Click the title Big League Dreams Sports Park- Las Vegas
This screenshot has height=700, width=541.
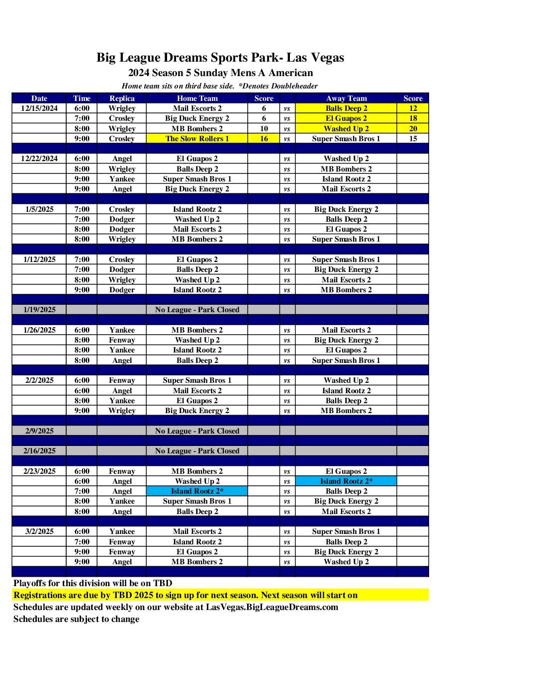pos(220,58)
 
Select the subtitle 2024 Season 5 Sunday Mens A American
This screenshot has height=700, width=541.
pos(220,73)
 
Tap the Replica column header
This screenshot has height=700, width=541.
pos(122,98)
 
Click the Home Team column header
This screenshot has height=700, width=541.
pos(197,98)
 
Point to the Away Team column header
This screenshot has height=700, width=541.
pos(346,98)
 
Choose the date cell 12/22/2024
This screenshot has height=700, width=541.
pos(39,159)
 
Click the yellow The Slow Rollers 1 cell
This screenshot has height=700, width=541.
pos(197,139)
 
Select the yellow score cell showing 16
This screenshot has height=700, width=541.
pos(264,139)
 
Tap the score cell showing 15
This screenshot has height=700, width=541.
pos(413,139)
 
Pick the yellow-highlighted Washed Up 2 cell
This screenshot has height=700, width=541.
pos(346,129)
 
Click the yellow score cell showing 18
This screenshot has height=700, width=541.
pos(413,118)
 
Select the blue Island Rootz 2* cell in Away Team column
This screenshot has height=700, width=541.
pos(346,481)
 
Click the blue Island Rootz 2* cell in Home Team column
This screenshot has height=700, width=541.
pos(197,491)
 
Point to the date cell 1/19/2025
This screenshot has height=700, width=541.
pos(39,310)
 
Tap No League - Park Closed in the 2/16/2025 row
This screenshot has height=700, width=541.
pos(197,451)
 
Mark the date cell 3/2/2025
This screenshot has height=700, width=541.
pos(39,531)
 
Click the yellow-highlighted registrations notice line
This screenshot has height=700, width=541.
pos(185,595)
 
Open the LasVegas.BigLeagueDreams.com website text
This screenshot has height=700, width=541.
pos(272,607)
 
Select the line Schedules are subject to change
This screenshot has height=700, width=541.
pos(76,619)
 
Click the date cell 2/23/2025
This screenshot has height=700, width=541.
pos(39,471)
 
